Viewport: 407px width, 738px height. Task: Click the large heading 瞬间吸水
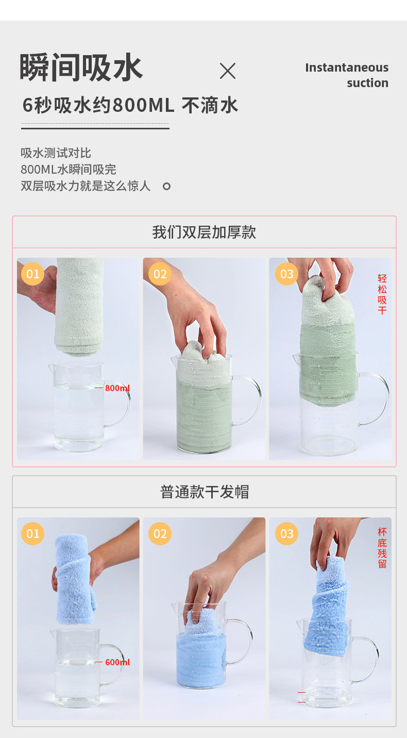click(81, 68)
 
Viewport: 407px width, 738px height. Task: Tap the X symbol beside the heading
click(228, 71)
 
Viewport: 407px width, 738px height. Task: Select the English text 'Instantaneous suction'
click(347, 75)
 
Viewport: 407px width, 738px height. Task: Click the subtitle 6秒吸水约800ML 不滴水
click(130, 106)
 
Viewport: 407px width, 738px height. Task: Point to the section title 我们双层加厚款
click(204, 232)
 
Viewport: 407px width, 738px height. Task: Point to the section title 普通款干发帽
click(205, 492)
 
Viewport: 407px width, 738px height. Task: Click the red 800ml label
click(117, 388)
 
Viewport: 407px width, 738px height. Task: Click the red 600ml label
click(117, 662)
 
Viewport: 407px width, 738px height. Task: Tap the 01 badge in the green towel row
click(32, 274)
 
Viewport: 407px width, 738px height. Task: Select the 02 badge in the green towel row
click(160, 274)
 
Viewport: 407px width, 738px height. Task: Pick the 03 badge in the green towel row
click(287, 274)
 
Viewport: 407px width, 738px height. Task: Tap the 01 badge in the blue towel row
click(32, 533)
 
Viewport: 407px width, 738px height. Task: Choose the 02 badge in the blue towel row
click(160, 533)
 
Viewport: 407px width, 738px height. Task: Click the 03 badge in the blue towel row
click(287, 533)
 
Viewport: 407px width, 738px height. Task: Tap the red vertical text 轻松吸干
click(382, 294)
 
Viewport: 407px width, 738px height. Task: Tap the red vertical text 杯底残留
click(382, 548)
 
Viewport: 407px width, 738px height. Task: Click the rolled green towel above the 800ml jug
click(79, 307)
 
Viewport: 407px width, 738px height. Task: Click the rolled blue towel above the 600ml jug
click(75, 580)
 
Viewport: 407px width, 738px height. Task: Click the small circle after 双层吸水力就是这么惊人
click(166, 186)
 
